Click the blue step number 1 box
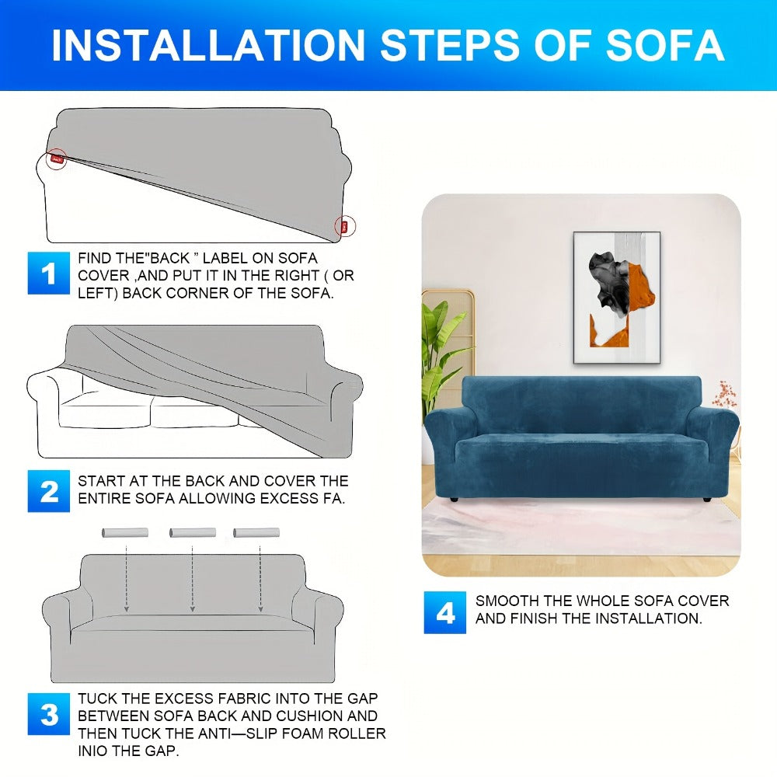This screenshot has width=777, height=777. [48, 273]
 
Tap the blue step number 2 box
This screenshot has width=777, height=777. [48, 490]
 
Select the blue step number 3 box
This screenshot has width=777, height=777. [48, 713]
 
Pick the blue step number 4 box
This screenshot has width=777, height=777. [445, 612]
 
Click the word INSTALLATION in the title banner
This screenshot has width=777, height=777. [208, 46]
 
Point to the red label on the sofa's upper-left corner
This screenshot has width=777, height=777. [57, 159]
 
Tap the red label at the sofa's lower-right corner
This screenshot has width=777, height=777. [344, 226]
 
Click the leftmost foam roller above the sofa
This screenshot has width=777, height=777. [125, 533]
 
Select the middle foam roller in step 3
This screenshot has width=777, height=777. [192, 533]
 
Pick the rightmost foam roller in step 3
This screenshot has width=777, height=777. [256, 533]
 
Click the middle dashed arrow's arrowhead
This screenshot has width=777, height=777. [192, 608]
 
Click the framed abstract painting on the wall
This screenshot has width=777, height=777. [617, 298]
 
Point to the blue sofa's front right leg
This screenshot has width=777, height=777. [707, 500]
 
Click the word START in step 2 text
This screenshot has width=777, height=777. [101, 481]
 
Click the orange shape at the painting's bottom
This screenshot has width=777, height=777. [609, 333]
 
